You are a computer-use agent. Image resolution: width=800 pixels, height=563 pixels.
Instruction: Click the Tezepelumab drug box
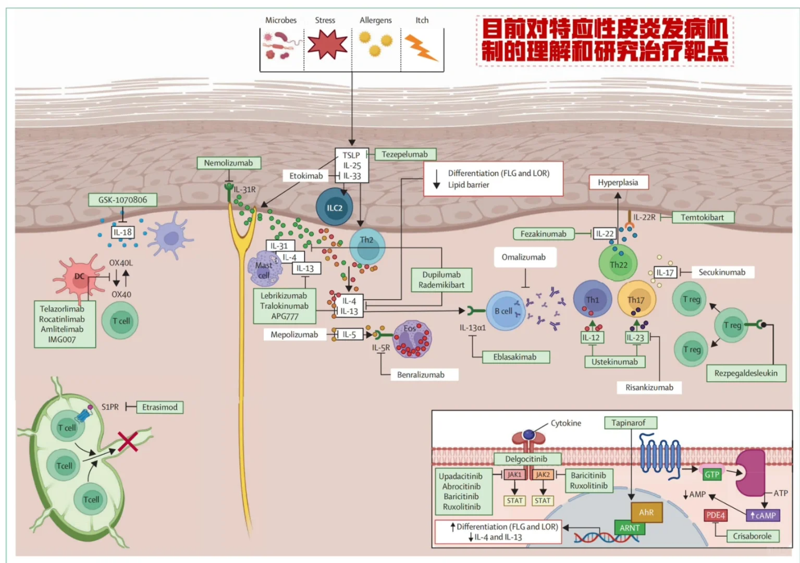405,154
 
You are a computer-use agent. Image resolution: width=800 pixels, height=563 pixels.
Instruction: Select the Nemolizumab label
228,163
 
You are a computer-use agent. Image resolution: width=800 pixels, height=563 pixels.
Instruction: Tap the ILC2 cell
335,207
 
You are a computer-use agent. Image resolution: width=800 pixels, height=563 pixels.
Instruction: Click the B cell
504,311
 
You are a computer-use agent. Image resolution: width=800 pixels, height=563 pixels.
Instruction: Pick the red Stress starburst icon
327,45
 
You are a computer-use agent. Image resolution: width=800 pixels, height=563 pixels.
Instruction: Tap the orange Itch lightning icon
421,47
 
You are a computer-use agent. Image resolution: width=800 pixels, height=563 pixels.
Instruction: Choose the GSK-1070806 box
122,200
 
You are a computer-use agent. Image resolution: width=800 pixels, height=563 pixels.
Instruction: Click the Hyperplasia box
618,182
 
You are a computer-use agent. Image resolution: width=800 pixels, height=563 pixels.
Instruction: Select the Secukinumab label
722,272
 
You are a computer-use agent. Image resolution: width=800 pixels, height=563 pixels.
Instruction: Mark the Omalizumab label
524,257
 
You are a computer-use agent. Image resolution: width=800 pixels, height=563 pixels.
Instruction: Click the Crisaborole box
752,536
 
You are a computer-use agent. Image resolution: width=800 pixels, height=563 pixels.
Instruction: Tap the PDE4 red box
716,515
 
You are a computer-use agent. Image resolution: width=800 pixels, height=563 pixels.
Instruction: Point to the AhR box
646,512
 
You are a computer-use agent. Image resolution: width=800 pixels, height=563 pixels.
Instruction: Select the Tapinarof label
629,423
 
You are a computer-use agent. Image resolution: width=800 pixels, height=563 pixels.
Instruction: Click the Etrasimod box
159,407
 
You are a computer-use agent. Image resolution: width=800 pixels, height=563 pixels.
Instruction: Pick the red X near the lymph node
128,441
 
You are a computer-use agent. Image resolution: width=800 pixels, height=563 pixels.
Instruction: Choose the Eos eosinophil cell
412,339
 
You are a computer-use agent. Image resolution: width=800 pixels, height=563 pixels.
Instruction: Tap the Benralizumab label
421,375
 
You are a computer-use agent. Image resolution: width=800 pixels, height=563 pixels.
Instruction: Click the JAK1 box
514,474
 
